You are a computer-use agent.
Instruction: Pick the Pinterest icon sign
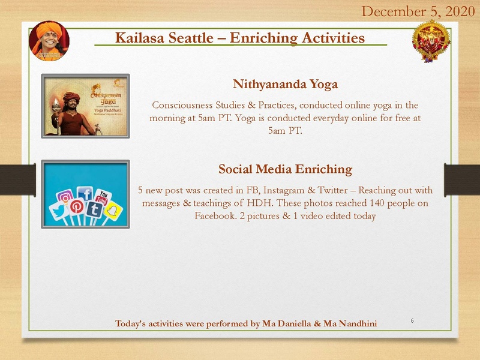coord(77,206)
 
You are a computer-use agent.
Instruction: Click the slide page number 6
coord(412,321)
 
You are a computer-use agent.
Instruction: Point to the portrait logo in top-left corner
coord(49,41)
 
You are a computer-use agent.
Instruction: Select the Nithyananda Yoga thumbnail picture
coord(85,107)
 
